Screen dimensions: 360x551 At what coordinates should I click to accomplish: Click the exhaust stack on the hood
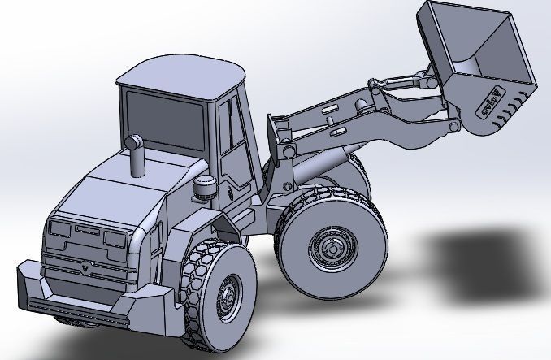coord(136,157)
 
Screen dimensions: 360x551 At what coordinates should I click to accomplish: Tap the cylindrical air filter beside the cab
coord(204,189)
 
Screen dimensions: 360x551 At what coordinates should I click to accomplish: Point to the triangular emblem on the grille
coord(85,264)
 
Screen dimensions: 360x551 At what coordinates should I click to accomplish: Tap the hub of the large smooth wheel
coord(329,245)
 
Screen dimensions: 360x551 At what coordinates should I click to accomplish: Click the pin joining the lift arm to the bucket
coord(450,128)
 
